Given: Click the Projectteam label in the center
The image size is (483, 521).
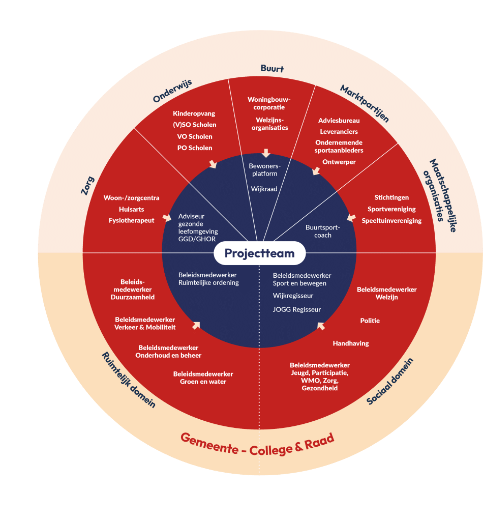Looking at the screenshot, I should pyautogui.click(x=259, y=253).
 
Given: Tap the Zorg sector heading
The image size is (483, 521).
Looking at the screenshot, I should pyautogui.click(x=87, y=185).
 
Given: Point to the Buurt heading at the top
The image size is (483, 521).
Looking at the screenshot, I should pyautogui.click(x=272, y=69).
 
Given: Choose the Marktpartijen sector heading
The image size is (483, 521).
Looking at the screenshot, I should pyautogui.click(x=365, y=104).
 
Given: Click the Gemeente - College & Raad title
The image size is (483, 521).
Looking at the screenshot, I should pyautogui.click(x=258, y=443).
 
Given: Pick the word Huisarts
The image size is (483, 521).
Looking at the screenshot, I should pyautogui.click(x=131, y=209).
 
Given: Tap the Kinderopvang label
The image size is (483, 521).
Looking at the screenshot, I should pyautogui.click(x=194, y=113).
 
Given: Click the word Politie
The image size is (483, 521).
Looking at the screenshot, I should pyautogui.click(x=370, y=321).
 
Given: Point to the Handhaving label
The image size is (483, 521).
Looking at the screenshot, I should pyautogui.click(x=351, y=343).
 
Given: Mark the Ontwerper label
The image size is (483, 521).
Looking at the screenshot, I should pyautogui.click(x=339, y=162).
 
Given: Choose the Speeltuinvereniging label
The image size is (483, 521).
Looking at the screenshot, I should pyautogui.click(x=391, y=220).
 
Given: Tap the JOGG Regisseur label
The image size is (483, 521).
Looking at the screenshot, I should pyautogui.click(x=297, y=309).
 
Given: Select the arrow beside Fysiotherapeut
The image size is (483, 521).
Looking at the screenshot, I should pyautogui.click(x=166, y=218).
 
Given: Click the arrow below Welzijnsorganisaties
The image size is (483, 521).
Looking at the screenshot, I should pyautogui.click(x=265, y=153).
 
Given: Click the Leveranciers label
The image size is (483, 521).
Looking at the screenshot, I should pyautogui.click(x=339, y=132).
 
